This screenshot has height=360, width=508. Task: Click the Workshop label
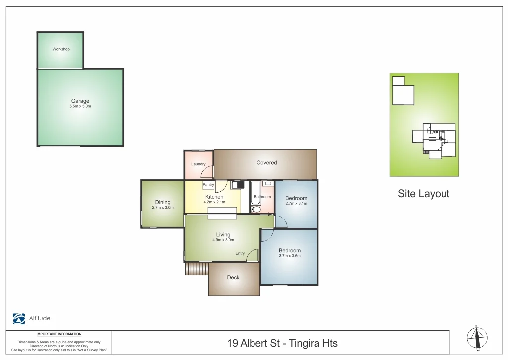(61, 49)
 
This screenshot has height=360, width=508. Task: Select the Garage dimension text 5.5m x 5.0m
(80, 106)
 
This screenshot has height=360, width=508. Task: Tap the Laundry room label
(198, 164)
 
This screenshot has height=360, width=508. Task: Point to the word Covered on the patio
(266, 163)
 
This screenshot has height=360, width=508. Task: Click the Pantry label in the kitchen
(208, 185)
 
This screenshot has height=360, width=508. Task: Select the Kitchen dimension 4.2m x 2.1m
(214, 202)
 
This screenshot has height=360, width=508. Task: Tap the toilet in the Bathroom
(255, 210)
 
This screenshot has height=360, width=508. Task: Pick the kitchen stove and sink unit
(238, 185)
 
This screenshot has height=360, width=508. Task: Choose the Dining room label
(163, 202)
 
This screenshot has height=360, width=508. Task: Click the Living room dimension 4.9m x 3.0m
(223, 240)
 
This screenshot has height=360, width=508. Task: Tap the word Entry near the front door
(240, 253)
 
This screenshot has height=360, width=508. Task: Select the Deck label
(233, 277)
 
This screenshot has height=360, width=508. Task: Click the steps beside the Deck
(196, 269)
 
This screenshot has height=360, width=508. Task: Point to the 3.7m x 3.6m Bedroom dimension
(290, 256)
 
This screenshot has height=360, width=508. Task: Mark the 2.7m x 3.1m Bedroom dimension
(296, 203)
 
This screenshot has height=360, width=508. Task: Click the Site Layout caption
(423, 194)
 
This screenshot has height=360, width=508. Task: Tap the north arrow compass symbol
(477, 338)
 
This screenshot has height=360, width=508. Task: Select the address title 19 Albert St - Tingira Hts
(282, 343)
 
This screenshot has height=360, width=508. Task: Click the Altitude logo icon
(19, 319)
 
